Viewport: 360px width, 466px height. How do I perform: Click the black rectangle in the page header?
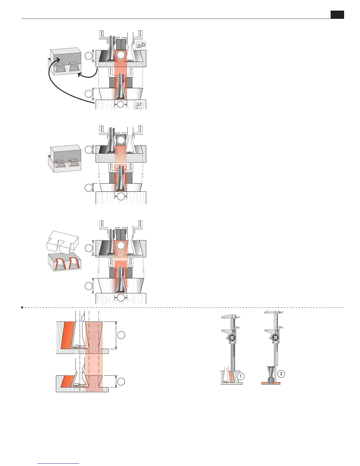(x=337, y=15)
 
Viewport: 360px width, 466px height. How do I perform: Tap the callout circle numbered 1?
(x=241, y=376)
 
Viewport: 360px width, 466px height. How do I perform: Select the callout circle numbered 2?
(x=281, y=374)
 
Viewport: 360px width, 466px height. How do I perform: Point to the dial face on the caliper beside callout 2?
(x=276, y=338)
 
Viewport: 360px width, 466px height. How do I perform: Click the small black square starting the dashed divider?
(x=22, y=307)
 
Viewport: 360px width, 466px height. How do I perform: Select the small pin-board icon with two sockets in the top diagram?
(x=141, y=45)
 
